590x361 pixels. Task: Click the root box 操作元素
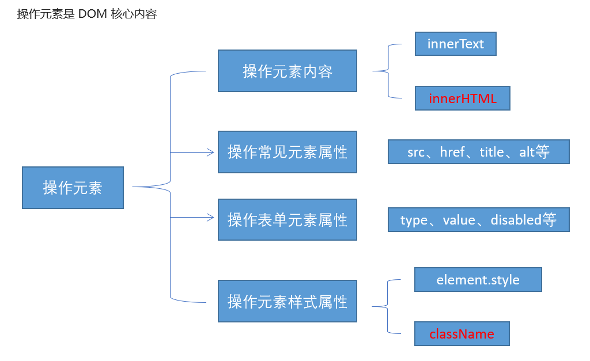[73, 188]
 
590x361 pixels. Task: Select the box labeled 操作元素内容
[288, 71]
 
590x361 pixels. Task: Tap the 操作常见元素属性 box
[288, 152]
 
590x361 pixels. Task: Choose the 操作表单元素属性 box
[288, 219]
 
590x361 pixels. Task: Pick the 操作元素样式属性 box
[288, 301]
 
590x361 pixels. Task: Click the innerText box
[456, 44]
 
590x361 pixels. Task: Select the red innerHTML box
[463, 98]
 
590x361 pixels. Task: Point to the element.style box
[478, 280]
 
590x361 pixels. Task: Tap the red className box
[462, 333]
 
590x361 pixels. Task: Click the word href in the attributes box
[453, 152]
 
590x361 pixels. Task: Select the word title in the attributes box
[491, 152]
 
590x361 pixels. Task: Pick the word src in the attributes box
[416, 153]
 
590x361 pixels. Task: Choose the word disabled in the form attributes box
[516, 219]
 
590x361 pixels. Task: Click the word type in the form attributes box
[414, 221]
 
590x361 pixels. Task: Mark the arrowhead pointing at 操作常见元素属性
[211, 153]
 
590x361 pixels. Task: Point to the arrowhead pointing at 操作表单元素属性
[211, 218]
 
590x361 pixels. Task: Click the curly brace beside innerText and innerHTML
[388, 71]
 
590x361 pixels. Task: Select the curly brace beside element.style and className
[388, 306]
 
